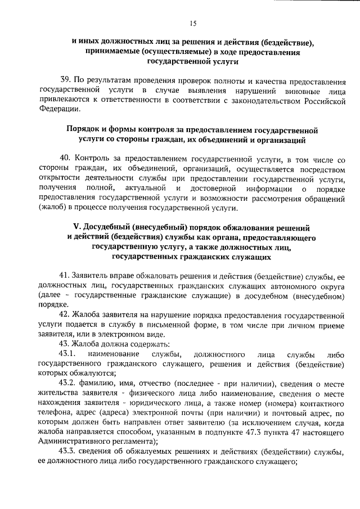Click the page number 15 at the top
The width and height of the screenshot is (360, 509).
(193, 23)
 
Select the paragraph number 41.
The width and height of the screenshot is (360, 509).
(64, 276)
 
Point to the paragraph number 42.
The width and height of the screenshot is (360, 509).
(64, 314)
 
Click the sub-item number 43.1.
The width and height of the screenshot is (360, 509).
(67, 354)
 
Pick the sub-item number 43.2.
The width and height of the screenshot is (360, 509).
(67, 382)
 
